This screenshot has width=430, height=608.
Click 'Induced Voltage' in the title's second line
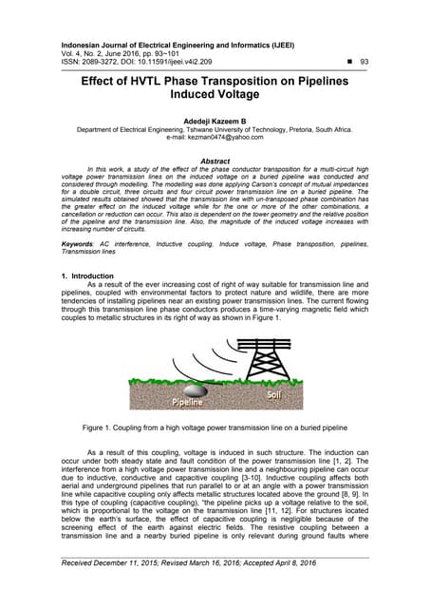[215, 97]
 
